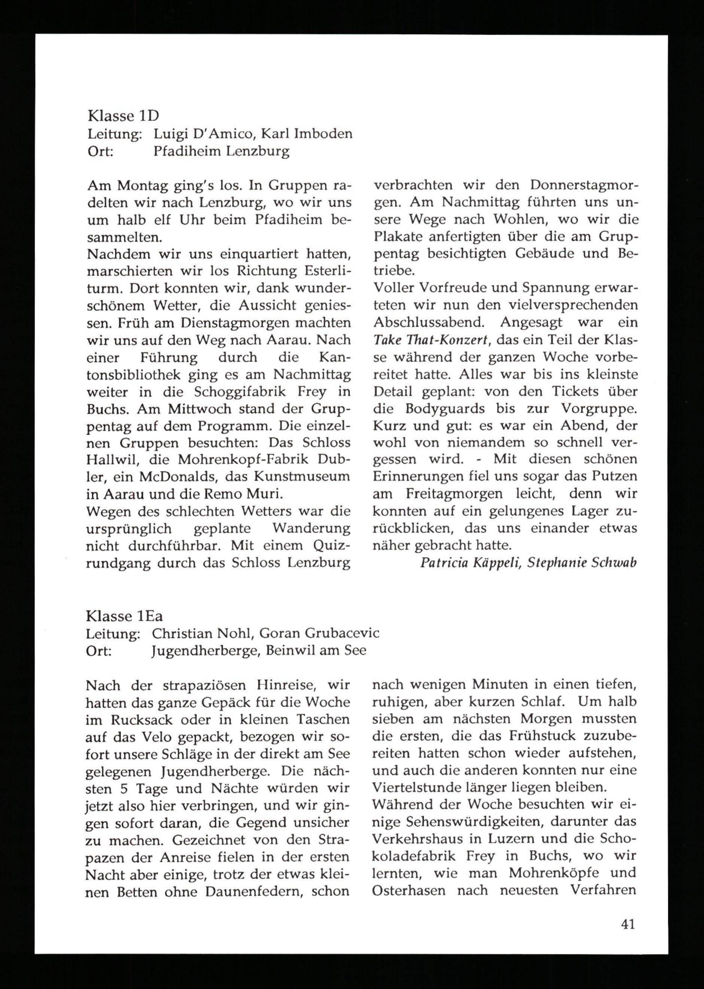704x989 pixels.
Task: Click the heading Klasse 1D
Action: tap(123, 116)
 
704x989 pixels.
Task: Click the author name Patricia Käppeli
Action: tap(470, 563)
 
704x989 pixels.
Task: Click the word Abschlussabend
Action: tap(430, 323)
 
